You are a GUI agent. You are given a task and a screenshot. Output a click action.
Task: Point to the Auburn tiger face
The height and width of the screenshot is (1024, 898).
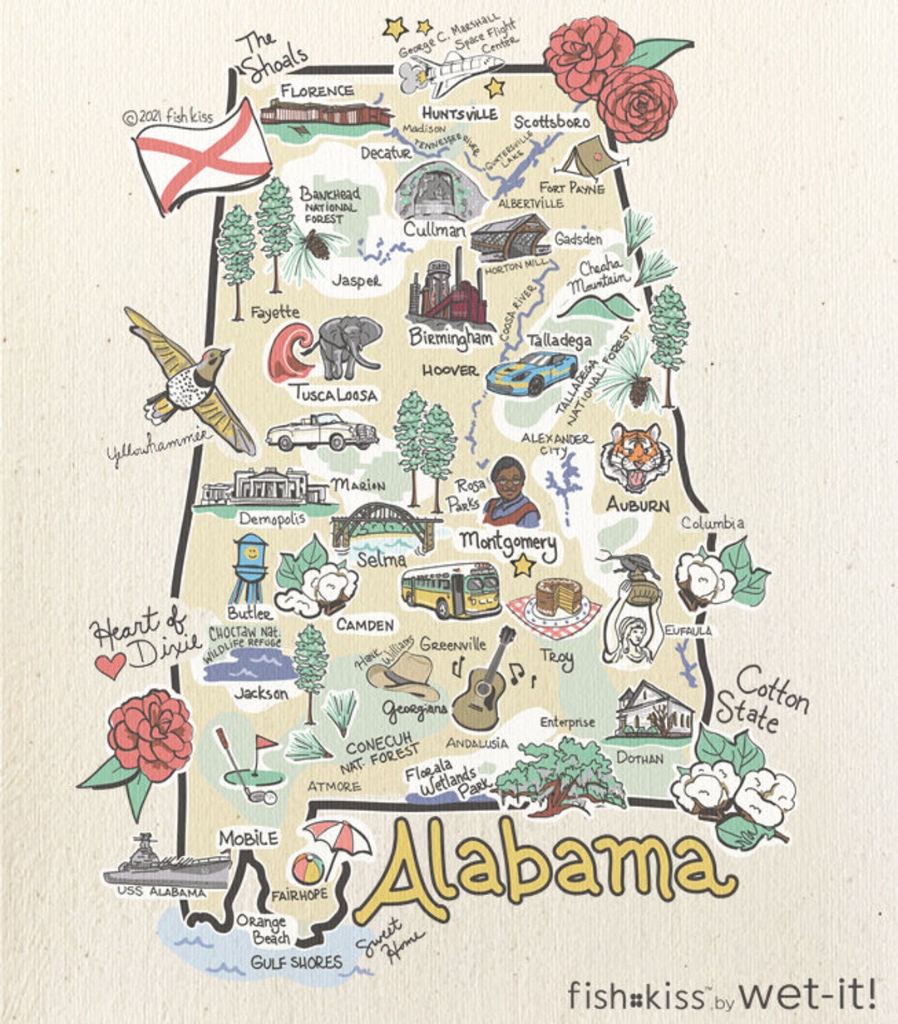(636, 458)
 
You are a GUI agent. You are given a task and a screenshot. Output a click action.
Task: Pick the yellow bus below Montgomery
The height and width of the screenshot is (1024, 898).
(451, 589)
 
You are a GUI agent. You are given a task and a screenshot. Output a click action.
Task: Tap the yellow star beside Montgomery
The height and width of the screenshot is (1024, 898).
(522, 566)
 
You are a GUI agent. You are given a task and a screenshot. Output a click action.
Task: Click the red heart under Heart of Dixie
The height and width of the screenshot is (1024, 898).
(110, 665)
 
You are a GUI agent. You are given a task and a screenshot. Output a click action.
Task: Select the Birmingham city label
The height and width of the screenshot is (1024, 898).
(451, 337)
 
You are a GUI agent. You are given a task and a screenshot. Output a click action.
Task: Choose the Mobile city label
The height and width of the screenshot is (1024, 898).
(248, 838)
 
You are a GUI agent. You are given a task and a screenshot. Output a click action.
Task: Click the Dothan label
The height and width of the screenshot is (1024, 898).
(639, 758)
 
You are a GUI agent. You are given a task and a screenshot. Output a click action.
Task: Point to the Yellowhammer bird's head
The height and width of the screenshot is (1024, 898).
(215, 359)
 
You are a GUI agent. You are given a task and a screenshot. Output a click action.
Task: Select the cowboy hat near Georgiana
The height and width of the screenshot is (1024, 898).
(402, 673)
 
